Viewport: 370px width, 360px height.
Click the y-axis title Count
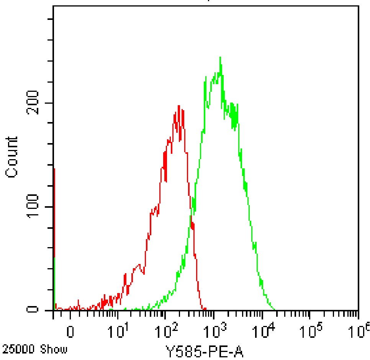[x=11, y=157]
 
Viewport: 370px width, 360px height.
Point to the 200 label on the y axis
[x=33, y=103]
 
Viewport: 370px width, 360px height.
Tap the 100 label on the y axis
[x=33, y=207]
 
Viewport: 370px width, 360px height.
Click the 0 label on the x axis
[x=70, y=332]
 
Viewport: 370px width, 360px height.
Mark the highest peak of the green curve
[x=220, y=57]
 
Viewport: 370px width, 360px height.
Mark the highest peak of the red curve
[x=178, y=106]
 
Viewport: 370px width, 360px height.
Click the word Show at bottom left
[x=54, y=349]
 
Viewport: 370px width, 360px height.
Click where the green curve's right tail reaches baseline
[x=274, y=309]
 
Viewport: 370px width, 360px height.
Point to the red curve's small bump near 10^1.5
[x=139, y=265]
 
